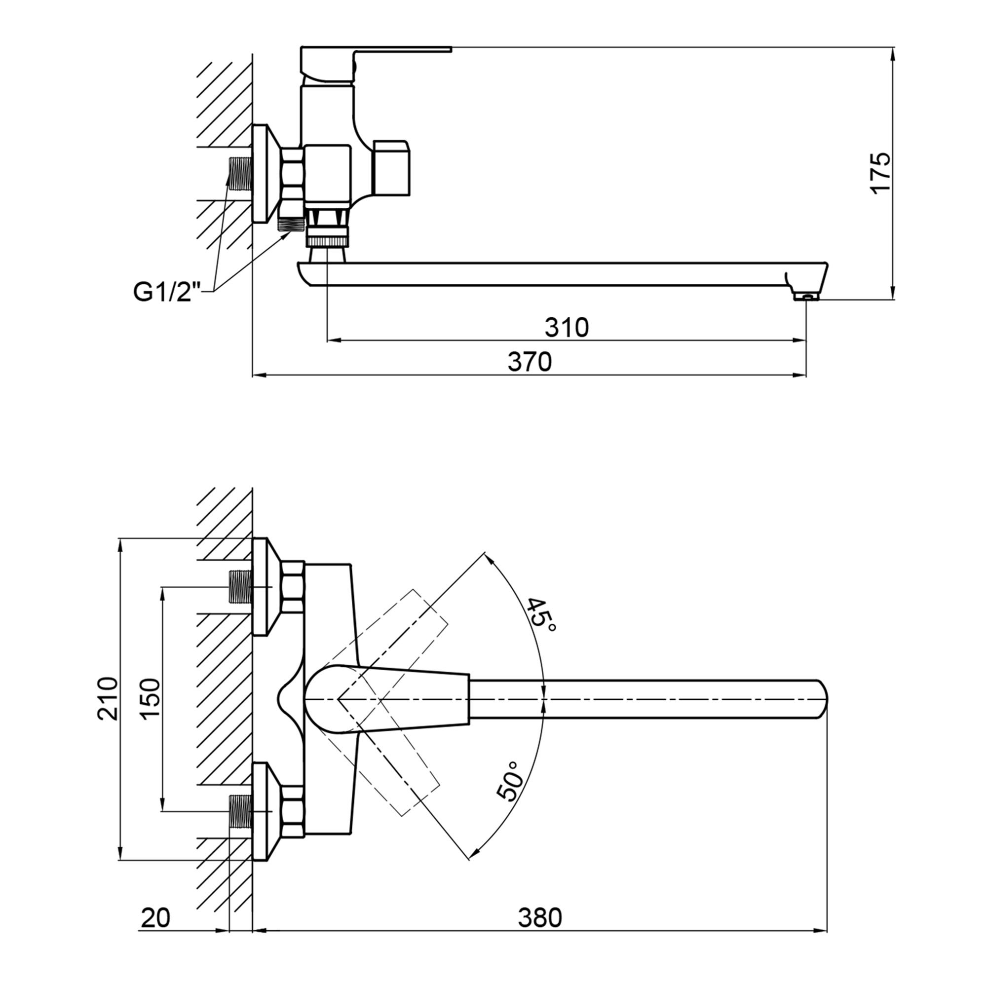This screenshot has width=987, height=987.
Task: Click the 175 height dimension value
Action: coord(880,172)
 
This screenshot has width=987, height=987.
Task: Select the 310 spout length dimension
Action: coord(567,328)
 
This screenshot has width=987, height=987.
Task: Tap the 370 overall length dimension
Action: coord(530,362)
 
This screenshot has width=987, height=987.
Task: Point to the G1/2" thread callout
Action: coord(166,292)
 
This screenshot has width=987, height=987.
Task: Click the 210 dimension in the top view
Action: coord(107,698)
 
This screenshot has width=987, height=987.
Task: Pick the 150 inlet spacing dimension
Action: coord(150,698)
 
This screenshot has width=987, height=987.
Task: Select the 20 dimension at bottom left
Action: coord(155,918)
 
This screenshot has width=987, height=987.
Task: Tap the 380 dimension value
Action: coord(540,918)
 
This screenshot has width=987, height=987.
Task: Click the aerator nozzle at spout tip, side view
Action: coord(806,296)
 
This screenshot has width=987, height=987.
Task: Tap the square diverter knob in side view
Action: coord(391,168)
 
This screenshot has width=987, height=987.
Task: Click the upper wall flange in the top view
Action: coord(262,586)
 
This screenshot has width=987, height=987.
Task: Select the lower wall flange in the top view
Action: coord(262,812)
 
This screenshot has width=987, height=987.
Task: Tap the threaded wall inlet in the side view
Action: coord(240,174)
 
